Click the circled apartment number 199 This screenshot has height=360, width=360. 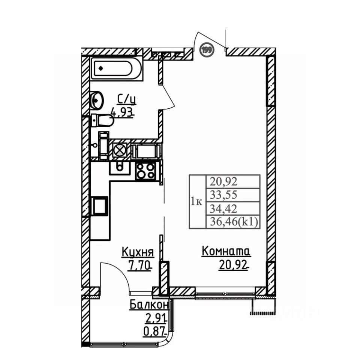207,50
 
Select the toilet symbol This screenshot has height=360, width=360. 102,120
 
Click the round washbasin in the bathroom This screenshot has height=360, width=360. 97,100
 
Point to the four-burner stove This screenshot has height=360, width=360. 145,171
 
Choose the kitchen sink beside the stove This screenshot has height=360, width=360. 119,168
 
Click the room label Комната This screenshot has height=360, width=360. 226,251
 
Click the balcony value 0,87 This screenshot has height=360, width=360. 154,331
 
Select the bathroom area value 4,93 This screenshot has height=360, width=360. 122,113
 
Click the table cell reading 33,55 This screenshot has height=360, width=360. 233,195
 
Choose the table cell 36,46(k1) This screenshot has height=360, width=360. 233,222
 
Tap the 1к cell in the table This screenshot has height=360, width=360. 197,202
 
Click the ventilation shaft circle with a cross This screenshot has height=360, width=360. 119,150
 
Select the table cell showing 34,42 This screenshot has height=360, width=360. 233,209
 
